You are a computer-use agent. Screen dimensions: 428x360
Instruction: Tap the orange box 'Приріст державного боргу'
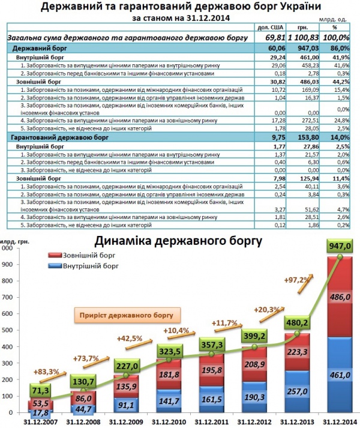pyautogui.click(x=124, y=315)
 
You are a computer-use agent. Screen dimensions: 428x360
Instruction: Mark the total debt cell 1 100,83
pyautogui.click(x=303, y=37)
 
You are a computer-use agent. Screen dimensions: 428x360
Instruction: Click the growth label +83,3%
pyautogui.click(x=46, y=372)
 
